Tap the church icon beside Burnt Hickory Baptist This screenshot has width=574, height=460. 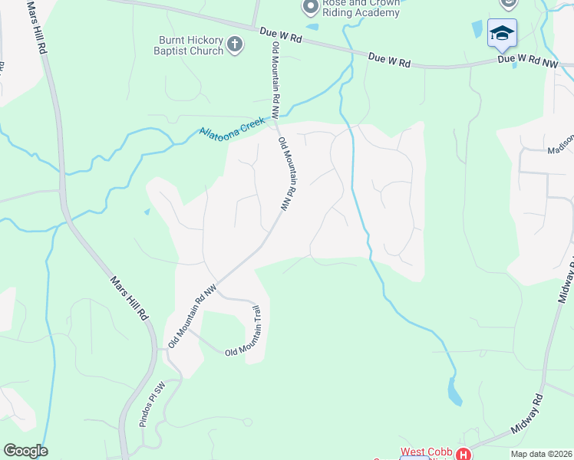(236, 45)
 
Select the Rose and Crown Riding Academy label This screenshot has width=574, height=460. (361, 8)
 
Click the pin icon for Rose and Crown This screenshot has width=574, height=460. (310, 7)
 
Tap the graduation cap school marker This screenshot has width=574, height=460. (502, 33)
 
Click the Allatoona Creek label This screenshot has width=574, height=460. (231, 127)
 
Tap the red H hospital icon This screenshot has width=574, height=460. (463, 454)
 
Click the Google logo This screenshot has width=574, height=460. (25, 451)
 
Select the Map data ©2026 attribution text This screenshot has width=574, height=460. (541, 454)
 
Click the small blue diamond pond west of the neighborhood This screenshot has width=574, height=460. (146, 212)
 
